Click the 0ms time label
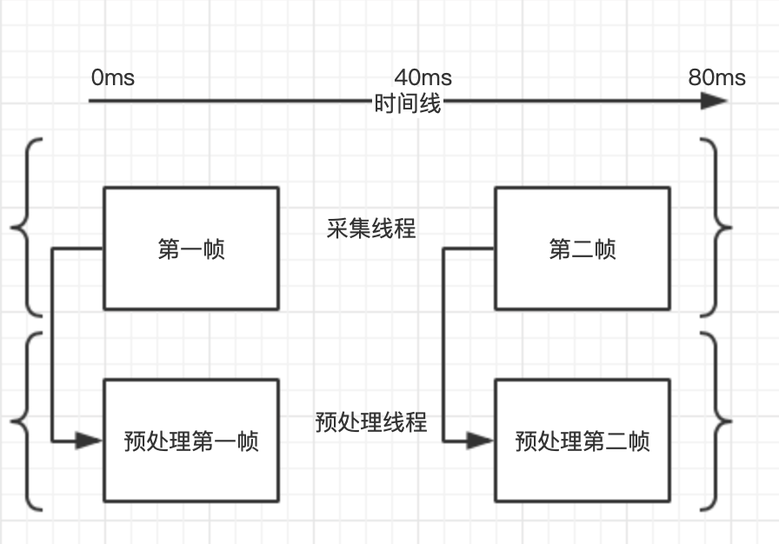click(112, 77)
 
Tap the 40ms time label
click(423, 77)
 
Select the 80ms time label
click(716, 77)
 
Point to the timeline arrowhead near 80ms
click(714, 101)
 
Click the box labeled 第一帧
click(191, 249)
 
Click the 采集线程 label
click(371, 229)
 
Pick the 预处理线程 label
click(371, 422)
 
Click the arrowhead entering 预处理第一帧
click(90, 441)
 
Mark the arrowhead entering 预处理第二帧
click(481, 441)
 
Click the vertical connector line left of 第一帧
click(53, 348)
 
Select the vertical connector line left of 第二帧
click(444, 348)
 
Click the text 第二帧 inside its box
click(583, 250)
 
